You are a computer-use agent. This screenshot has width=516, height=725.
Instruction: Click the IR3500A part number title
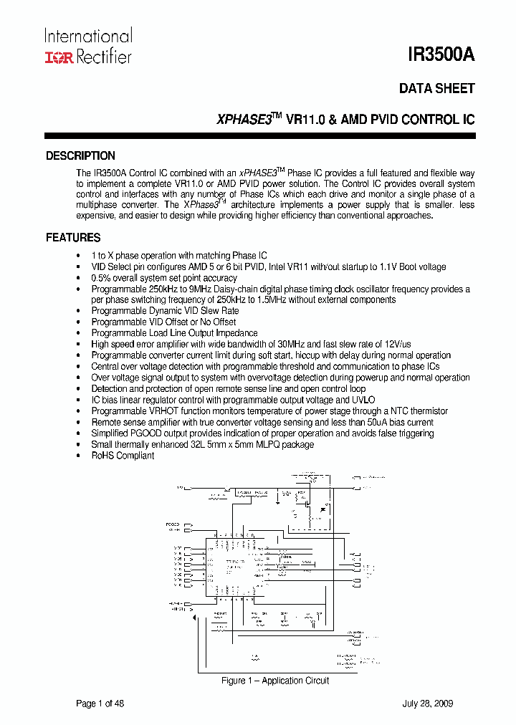click(x=441, y=55)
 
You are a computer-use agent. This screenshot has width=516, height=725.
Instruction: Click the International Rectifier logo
click(x=88, y=47)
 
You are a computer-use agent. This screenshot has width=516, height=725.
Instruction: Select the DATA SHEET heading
click(x=436, y=88)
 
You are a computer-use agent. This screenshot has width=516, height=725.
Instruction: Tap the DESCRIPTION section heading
click(x=80, y=155)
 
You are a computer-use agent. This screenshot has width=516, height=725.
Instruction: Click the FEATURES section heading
click(x=73, y=237)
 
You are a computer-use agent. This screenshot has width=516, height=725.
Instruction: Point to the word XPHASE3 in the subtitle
click(x=244, y=120)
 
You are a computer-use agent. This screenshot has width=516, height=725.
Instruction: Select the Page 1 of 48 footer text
click(x=100, y=704)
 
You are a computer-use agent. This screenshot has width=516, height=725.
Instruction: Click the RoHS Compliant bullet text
click(x=123, y=456)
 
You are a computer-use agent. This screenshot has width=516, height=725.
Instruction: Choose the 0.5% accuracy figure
click(x=102, y=278)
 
